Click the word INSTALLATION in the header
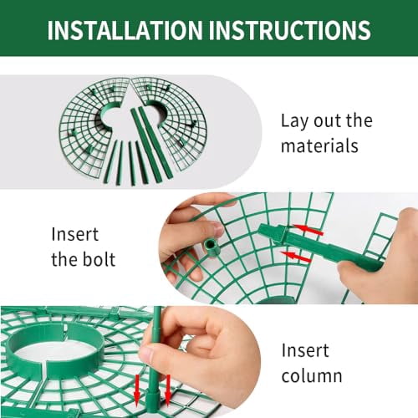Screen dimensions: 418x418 pos(125,30)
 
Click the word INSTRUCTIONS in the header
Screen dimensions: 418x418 pos(290,30)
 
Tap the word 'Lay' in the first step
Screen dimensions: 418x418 pos(294,121)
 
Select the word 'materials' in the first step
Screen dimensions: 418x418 pos(319,145)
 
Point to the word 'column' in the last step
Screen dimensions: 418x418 pos(312,375)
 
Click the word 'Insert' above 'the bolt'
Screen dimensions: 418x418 pos(74,234)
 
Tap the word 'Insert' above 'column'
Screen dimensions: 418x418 pos(305,350)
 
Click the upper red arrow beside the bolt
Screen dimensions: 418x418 pos(308,230)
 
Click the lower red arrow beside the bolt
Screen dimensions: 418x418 pos(296,257)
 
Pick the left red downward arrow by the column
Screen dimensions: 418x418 pos(136,390)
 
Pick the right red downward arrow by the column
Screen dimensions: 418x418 pos(167,390)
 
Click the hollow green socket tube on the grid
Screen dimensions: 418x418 pos(212,247)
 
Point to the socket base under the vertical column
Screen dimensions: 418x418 pos(153,400)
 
